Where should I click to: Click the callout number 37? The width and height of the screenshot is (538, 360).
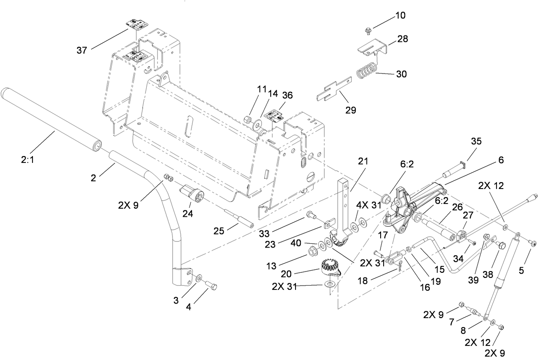pos(82,50)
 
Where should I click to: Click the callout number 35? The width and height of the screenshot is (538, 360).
pos(476,141)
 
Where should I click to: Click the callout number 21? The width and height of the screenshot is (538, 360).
pos(363,161)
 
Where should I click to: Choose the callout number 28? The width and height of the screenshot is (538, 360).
pos(402,39)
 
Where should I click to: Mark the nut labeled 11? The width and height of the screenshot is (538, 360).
pos(248,119)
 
